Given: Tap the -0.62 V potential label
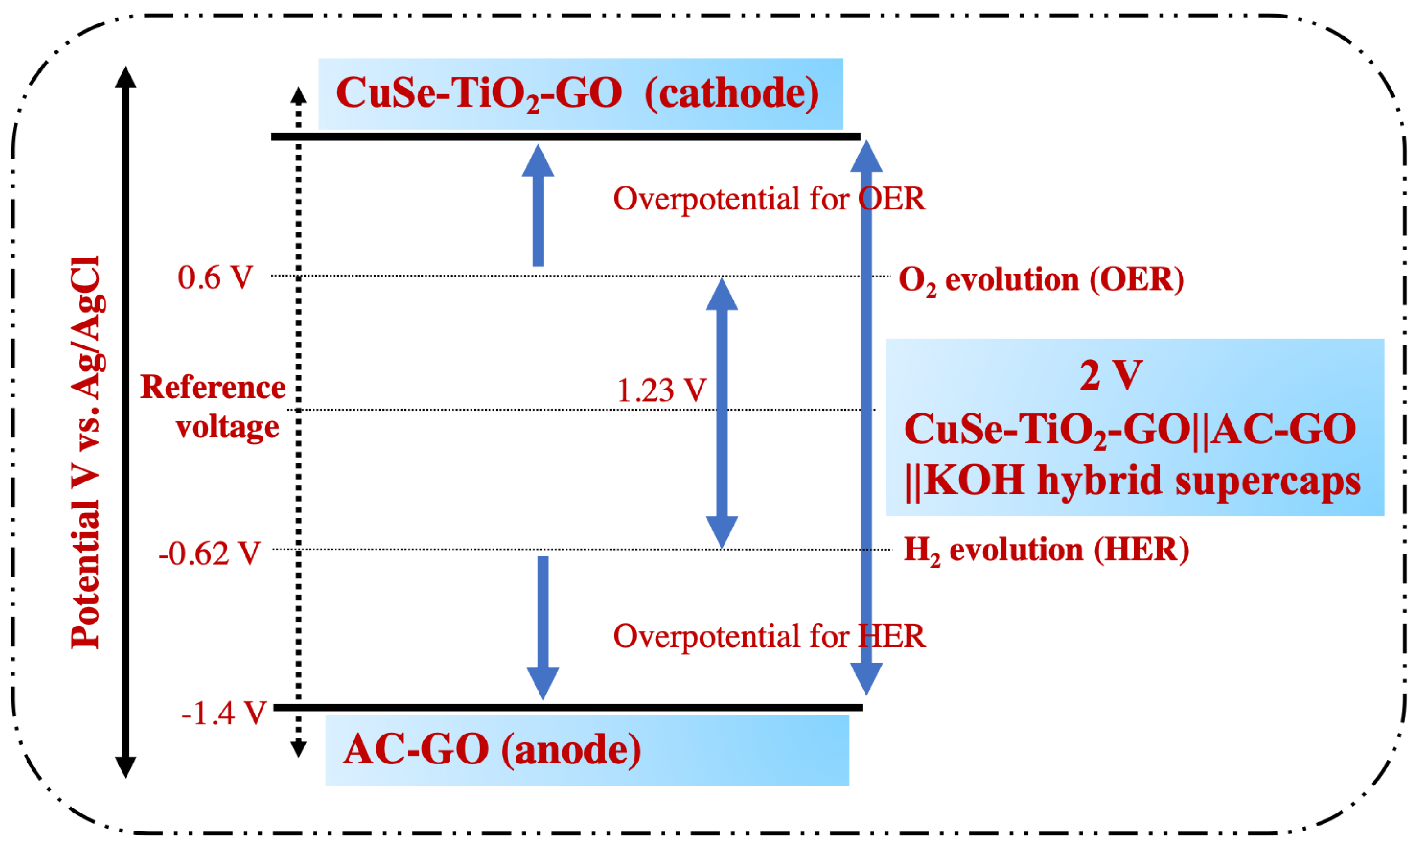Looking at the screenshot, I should (209, 554).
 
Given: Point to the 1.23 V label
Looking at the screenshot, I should (661, 391).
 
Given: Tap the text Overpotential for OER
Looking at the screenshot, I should (769, 199).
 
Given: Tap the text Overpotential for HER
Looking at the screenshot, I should (769, 636).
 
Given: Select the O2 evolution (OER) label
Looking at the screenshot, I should (1041, 280).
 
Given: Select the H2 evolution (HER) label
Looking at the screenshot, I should (1046, 550).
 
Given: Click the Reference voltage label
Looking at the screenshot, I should (213, 407).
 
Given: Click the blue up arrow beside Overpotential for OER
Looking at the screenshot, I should (538, 206).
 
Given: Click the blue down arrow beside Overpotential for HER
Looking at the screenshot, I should (543, 627).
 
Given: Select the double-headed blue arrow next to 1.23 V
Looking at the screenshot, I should (722, 413).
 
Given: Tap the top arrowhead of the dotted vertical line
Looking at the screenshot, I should (298, 95).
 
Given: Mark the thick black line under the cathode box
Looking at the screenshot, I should (565, 137).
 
